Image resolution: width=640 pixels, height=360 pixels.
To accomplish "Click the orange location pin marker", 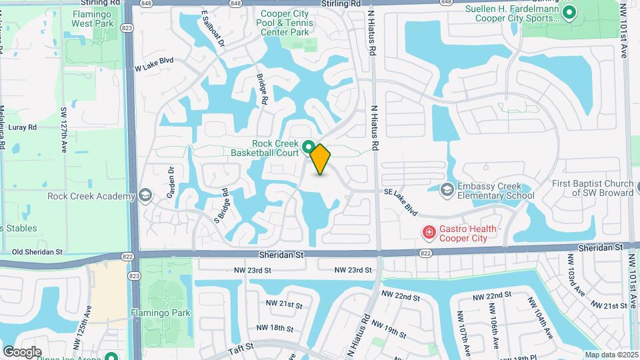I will coord(321,159).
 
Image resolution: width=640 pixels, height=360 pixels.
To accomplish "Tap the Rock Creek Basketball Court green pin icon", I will coord(308,146).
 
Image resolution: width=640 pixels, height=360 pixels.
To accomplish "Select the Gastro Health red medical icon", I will coord(429,233).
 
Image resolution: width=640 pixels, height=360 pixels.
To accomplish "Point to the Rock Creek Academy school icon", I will coord(145,196).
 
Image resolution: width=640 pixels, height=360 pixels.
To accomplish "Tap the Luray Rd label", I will coord(24,127).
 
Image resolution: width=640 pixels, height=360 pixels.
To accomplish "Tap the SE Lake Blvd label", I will coord(401,201).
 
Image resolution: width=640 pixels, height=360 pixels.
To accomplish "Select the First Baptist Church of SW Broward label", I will coord(592,188).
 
